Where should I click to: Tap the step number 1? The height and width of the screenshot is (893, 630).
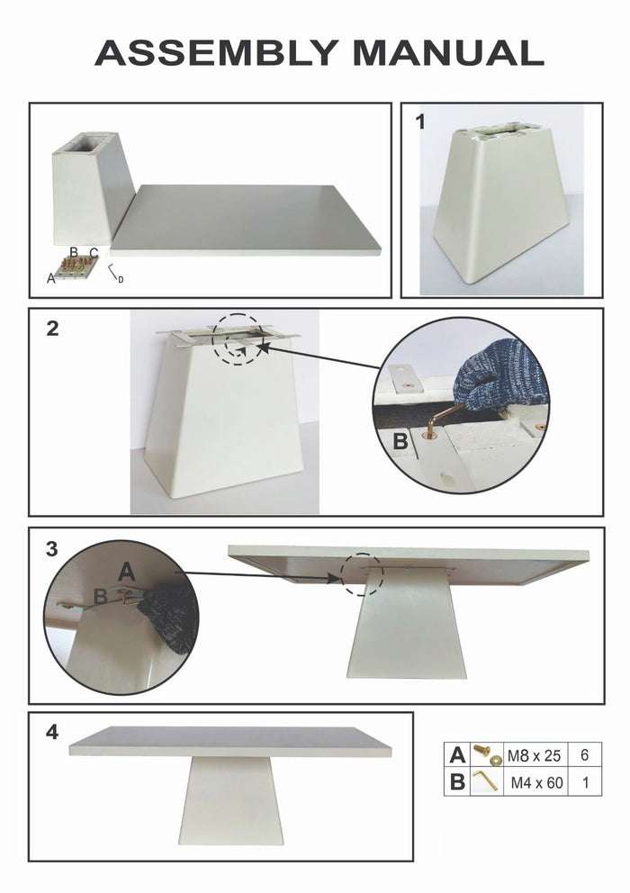(420, 122)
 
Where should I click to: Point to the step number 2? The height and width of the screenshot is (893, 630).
(52, 329)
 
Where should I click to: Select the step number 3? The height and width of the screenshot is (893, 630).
(51, 548)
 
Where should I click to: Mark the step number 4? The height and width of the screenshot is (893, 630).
(52, 733)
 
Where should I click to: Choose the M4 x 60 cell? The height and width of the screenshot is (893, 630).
(536, 782)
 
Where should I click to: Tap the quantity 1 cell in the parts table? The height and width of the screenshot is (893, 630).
(585, 782)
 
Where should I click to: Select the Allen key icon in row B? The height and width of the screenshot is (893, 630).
(487, 781)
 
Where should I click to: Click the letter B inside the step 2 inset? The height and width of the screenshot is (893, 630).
(401, 441)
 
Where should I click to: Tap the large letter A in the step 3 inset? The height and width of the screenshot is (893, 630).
(127, 571)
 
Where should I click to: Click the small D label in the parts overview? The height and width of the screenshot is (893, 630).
(121, 280)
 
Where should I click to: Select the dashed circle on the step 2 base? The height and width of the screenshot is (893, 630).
(238, 339)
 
